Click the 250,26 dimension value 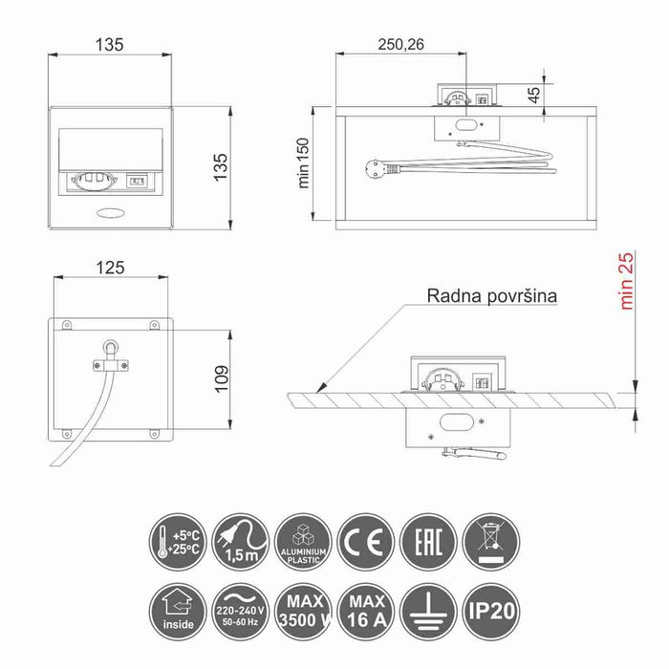[401, 44]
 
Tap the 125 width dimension [110, 268]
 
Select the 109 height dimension [222, 378]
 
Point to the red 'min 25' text [626, 281]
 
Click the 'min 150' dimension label [303, 163]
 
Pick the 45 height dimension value [533, 95]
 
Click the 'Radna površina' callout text [492, 295]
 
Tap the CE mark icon [366, 542]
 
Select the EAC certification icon [429, 542]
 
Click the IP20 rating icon [491, 612]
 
